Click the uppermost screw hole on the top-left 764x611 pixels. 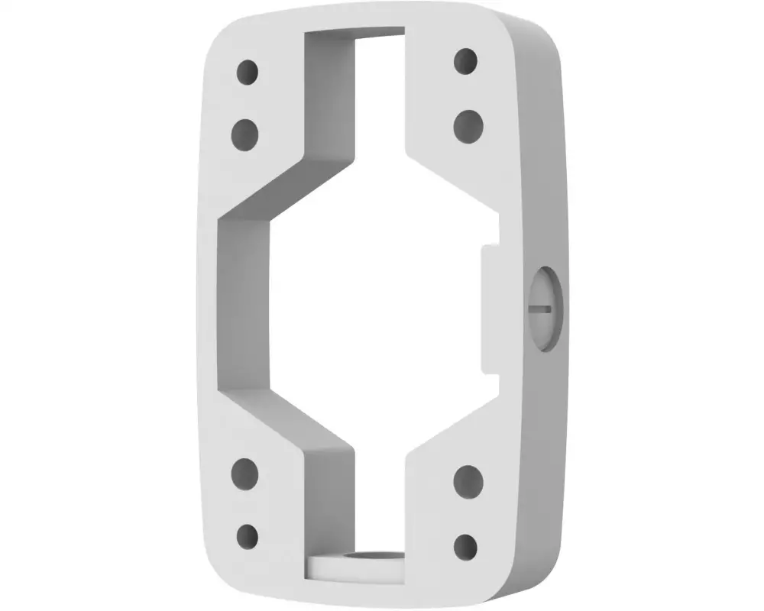pyautogui.click(x=247, y=73)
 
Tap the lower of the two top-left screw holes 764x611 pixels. pyautogui.click(x=244, y=134)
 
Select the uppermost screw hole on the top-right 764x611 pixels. pyautogui.click(x=465, y=61)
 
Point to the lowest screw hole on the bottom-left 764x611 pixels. pyautogui.click(x=246, y=534)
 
